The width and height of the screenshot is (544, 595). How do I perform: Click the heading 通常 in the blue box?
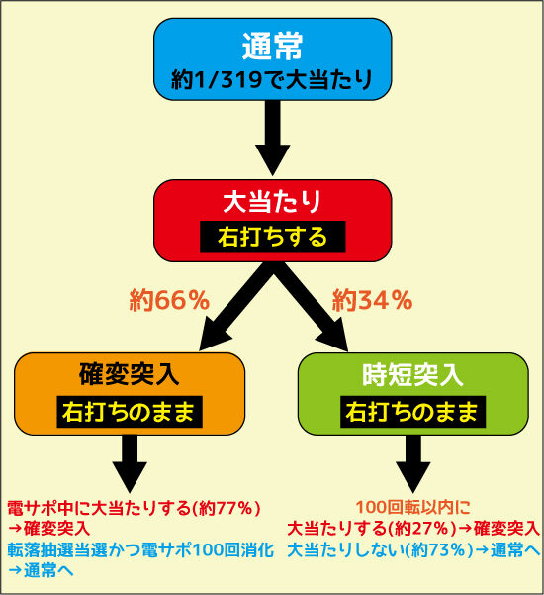point(272,46)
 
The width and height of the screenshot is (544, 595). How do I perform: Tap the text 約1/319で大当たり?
point(272,79)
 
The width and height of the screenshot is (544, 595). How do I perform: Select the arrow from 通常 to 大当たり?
point(273,139)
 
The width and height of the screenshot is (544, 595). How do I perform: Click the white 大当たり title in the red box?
point(272,202)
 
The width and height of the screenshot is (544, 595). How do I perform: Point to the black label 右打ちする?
point(273,237)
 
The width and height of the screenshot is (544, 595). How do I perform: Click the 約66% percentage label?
point(169,300)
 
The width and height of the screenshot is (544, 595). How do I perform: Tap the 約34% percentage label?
point(372,300)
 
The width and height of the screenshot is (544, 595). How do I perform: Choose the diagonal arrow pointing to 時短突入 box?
point(311,307)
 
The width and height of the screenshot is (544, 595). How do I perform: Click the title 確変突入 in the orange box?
point(130,374)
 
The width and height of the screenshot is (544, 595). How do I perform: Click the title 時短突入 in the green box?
point(412,374)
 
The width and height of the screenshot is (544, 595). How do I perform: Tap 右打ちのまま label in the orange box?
point(130,412)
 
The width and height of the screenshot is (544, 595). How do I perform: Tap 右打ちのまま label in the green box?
point(412,412)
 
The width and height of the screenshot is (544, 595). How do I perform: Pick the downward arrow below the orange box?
point(130,463)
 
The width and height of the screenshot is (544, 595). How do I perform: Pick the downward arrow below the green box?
point(412,463)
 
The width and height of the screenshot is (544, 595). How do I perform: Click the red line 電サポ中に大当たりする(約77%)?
point(135,508)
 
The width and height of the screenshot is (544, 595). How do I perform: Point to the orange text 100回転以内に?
point(412,507)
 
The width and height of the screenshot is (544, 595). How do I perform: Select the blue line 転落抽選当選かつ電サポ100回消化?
point(140,550)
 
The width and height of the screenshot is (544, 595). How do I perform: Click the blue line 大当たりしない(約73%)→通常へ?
point(413,550)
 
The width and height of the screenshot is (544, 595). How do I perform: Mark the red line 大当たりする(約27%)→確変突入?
point(413,529)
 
